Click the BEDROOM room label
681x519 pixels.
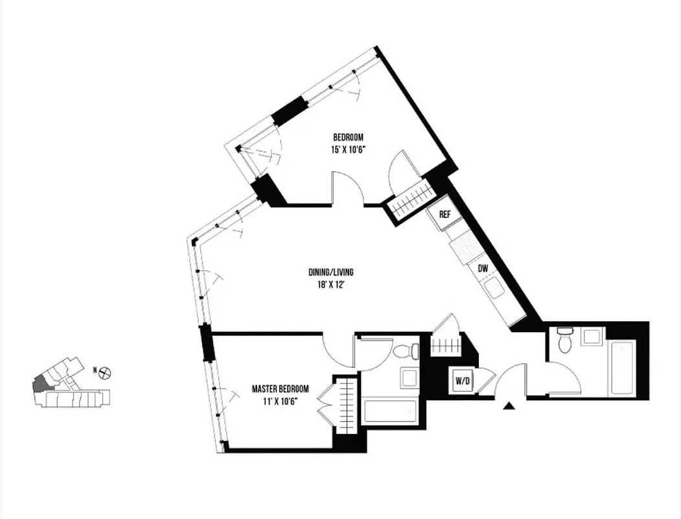(348, 137)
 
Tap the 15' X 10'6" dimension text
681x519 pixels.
(348, 149)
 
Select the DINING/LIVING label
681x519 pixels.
(330, 272)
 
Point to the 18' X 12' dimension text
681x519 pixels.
(330, 284)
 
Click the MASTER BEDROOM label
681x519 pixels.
(280, 389)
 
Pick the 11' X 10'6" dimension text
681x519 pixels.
(280, 401)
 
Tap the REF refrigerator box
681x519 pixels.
(445, 215)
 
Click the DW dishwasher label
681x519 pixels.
(483, 268)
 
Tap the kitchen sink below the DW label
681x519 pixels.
(496, 287)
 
